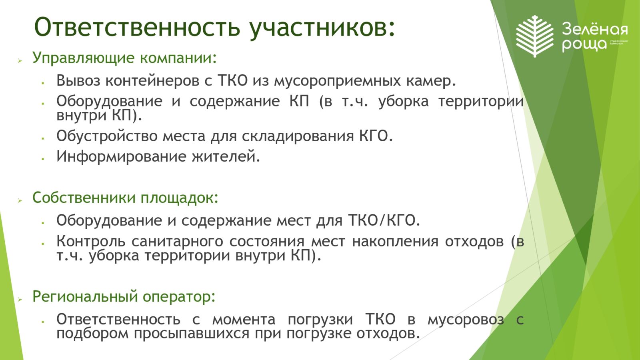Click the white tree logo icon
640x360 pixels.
click(535, 36)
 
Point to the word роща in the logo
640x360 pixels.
click(584, 44)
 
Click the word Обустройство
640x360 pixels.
click(107, 136)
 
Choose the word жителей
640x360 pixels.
click(226, 156)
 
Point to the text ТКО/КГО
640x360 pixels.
click(384, 220)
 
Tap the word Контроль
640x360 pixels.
click(90, 241)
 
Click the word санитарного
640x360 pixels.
click(177, 242)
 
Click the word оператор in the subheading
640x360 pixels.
click(179, 297)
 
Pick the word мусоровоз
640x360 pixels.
click(466, 320)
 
